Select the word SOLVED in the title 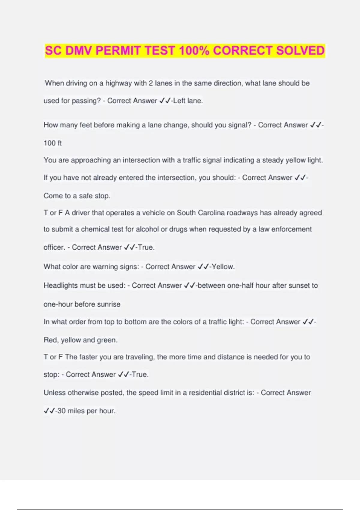click(x=300, y=51)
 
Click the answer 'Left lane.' click(x=188, y=101)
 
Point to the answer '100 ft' click(x=52, y=143)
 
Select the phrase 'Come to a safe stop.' click(x=77, y=196)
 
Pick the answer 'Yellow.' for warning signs click(x=223, y=267)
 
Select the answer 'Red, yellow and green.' click(x=80, y=340)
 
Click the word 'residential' click(x=204, y=393)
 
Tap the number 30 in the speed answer click(x=61, y=411)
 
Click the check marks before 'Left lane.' click(x=165, y=101)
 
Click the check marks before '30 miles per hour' click(x=49, y=411)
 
